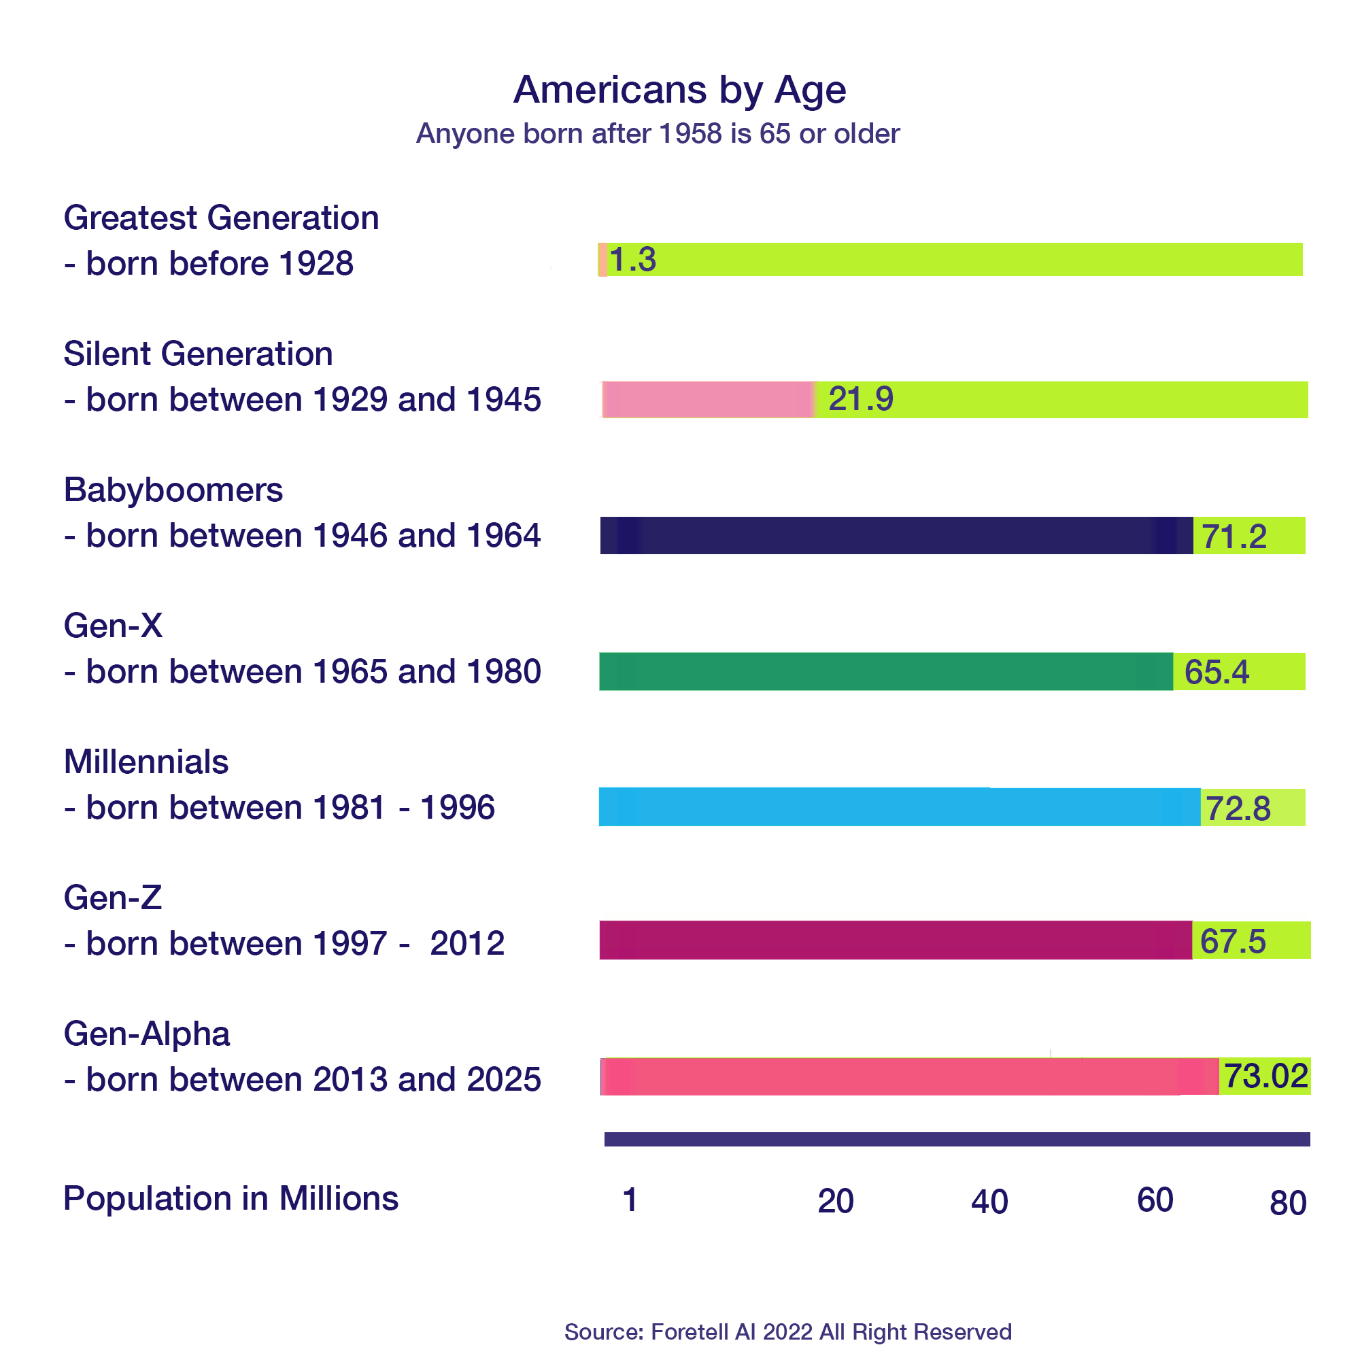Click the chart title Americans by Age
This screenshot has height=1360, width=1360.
pos(679,90)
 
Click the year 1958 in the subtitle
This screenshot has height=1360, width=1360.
pos(692,134)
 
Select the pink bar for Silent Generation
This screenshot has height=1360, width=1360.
pos(707,400)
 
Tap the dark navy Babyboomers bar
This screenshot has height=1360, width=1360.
pos(894,536)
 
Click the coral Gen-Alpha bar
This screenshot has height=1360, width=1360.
pos(908,1076)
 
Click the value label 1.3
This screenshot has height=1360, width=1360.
pos(632,260)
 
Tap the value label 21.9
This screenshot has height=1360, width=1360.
pos(860,399)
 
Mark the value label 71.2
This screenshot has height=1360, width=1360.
pos(1234,537)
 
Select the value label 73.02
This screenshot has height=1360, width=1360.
pos(1265,1076)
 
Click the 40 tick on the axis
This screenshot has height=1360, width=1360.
pos(989,1202)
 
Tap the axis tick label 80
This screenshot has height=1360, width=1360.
pos(1287,1203)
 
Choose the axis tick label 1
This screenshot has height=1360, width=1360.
pos(630,1200)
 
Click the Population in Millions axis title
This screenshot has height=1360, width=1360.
pos(231,1199)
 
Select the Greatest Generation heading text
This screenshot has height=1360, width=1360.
pos(221,218)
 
